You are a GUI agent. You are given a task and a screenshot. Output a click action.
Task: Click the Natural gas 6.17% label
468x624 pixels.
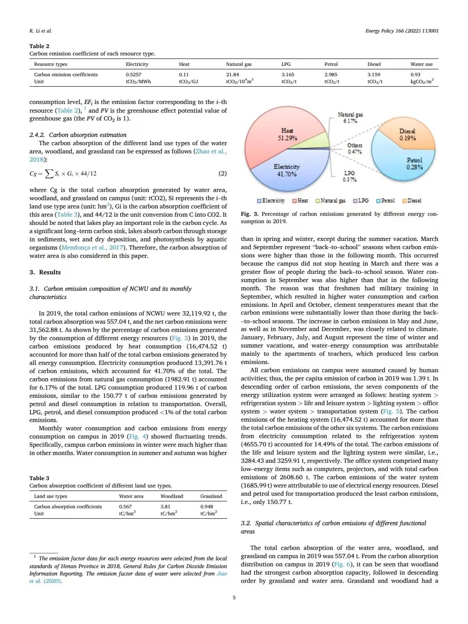tap(350, 117)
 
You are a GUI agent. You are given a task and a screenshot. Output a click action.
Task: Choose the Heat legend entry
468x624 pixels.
tap(300, 201)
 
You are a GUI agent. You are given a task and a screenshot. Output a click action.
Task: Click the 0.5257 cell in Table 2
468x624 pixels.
tap(133, 75)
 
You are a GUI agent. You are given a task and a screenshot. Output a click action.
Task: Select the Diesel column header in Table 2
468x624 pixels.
tap(374, 64)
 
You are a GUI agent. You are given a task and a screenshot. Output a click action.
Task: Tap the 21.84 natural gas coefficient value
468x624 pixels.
tap(232, 75)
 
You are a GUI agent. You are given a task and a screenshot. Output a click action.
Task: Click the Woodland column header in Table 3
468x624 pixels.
tap(172, 496)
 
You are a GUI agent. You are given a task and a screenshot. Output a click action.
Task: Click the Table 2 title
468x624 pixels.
tap(39, 46)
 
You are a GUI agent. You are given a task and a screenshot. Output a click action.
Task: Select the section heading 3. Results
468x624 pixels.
tap(45, 272)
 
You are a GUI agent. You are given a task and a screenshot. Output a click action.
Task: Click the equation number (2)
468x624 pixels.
tap(222, 173)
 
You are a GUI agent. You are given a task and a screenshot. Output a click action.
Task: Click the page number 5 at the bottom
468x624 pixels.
tap(234, 598)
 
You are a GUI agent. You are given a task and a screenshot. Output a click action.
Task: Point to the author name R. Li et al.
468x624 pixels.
tap(40, 31)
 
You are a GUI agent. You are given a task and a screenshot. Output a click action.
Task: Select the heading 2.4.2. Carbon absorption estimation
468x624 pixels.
tap(78, 135)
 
